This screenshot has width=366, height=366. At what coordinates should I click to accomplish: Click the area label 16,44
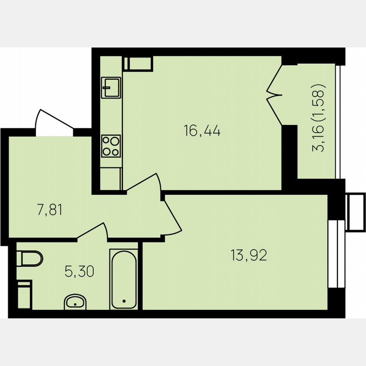(x=202, y=131)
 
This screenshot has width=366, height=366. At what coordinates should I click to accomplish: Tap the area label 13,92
(x=249, y=255)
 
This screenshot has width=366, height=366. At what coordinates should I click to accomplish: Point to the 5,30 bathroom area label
(x=79, y=271)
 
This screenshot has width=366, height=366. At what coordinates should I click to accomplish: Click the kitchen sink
(x=111, y=88)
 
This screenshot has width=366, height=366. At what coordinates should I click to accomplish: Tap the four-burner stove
(x=111, y=145)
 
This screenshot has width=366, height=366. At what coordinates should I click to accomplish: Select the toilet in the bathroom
(x=30, y=258)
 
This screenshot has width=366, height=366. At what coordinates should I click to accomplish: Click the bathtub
(x=124, y=279)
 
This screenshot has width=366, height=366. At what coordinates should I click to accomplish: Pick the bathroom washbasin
(x=75, y=302)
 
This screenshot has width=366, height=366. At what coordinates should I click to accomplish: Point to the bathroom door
(x=92, y=230)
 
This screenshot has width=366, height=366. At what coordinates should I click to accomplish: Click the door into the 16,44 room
(x=144, y=182)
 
